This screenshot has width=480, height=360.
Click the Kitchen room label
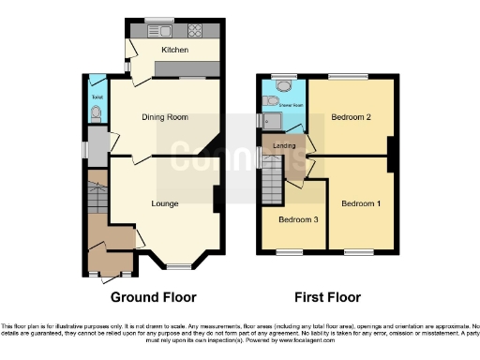174,50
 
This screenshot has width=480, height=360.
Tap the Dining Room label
165,117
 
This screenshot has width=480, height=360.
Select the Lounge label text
166,202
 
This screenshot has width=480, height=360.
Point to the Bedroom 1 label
360,203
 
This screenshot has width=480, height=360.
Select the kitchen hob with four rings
198,29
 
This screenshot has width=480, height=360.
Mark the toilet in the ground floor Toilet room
97,114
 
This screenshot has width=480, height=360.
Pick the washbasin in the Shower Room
272,100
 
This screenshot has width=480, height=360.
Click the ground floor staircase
97,197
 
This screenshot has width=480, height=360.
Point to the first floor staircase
272,173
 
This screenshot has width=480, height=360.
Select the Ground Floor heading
154,298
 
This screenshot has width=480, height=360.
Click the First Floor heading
328,298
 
